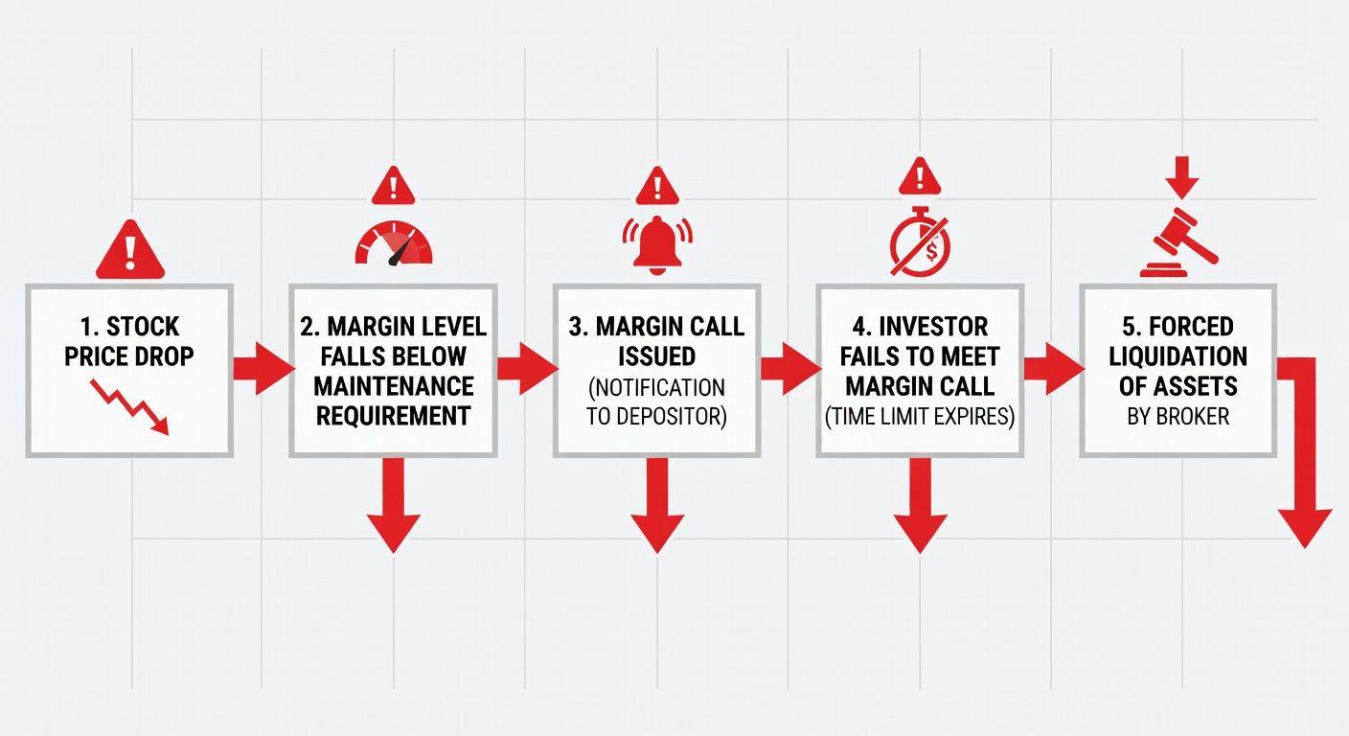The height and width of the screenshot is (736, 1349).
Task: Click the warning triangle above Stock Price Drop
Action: click(130, 251)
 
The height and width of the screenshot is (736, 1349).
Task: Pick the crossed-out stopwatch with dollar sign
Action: click(920, 243)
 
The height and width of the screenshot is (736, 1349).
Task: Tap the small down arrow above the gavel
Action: click(1182, 175)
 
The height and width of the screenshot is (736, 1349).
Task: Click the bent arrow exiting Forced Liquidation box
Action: click(1304, 460)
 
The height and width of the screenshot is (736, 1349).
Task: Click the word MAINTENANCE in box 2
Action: click(393, 386)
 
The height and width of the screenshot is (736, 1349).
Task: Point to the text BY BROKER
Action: click(1178, 417)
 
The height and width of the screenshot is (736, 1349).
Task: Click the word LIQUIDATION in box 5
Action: click(1178, 356)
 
